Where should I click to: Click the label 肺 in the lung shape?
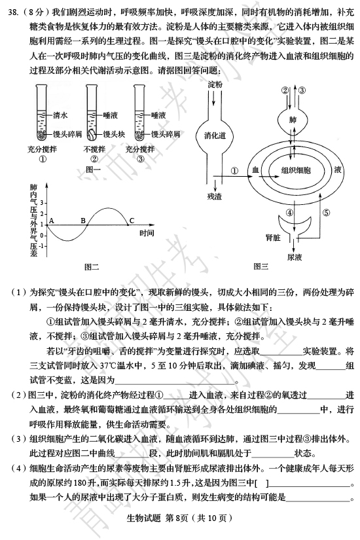click(x=293, y=120)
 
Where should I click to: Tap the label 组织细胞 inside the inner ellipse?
click(x=296, y=170)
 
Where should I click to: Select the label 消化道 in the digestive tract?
click(x=215, y=135)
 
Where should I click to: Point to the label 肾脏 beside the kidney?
click(x=273, y=238)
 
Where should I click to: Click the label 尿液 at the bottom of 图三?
click(x=294, y=257)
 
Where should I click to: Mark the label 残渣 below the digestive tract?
click(x=215, y=196)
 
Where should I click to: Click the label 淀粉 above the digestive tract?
click(x=215, y=84)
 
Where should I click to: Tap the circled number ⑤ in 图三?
click(x=326, y=213)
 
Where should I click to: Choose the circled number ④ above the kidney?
click(x=290, y=213)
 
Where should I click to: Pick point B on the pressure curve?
click(x=87, y=225)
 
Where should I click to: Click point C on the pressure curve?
click(x=128, y=225)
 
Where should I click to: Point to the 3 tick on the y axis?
click(x=43, y=202)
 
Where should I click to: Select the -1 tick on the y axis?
click(x=42, y=246)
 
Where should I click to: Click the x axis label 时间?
click(x=147, y=233)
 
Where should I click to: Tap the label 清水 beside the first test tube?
click(x=60, y=115)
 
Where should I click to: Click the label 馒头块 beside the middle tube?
click(x=115, y=134)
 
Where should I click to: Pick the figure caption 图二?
click(x=92, y=266)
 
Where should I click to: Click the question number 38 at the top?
click(x=12, y=12)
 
